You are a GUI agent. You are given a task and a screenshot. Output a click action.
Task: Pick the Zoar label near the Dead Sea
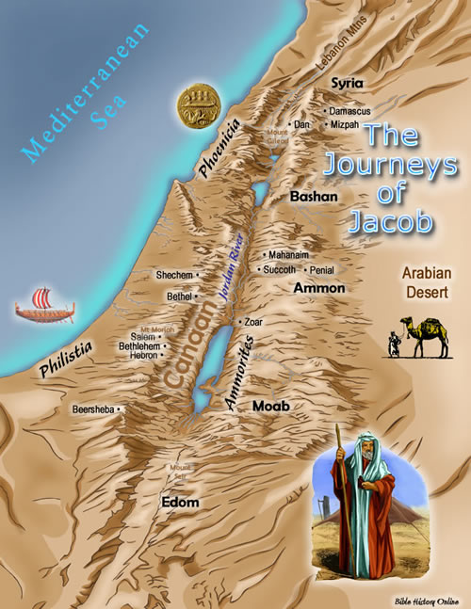coord(252,322)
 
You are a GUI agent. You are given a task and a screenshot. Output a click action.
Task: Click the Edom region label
coord(180,503)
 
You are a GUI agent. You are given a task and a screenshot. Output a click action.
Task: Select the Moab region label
coord(270,406)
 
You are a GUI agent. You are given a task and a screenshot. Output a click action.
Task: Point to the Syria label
coord(347,84)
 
